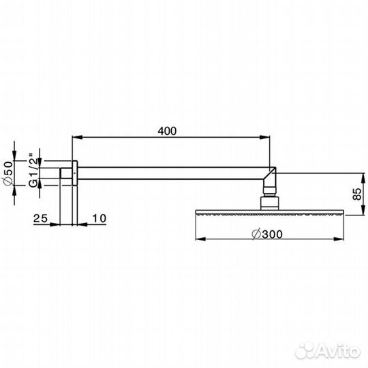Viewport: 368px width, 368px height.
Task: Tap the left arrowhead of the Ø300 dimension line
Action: pyautogui.click(x=200, y=239)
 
